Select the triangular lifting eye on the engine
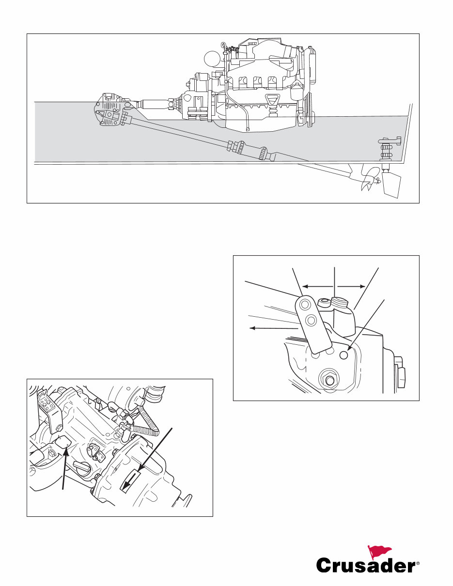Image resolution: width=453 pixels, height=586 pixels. pos(273,101)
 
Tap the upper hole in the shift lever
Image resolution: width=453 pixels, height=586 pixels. pos(306,305)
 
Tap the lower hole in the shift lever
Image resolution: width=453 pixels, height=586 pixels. pos(312,320)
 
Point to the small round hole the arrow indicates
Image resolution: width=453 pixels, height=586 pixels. pos(344,355)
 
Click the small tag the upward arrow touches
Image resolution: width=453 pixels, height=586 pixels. pos(63,443)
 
